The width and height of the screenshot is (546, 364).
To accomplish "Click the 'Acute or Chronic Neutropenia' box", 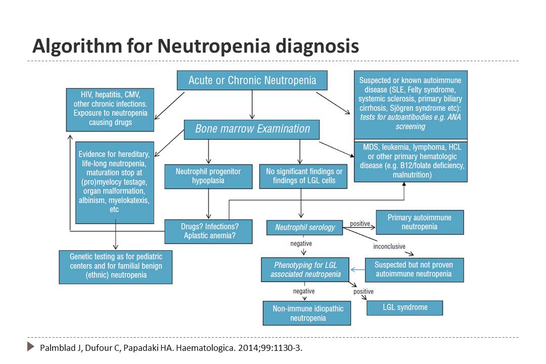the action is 252,80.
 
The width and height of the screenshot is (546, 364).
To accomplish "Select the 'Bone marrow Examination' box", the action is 252,129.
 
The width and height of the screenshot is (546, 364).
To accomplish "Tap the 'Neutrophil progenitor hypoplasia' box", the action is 208,176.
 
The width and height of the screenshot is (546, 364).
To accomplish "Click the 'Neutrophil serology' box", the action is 305,227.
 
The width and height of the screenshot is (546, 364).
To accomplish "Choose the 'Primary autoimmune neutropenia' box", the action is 420,222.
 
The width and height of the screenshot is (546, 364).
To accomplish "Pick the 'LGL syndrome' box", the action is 404,308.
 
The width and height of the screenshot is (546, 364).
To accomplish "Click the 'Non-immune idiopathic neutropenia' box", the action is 307,313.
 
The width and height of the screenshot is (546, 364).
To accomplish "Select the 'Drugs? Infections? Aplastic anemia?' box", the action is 208,231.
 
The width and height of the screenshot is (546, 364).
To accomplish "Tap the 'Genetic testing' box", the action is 116,267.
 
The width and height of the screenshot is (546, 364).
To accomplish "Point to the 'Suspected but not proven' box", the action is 415,270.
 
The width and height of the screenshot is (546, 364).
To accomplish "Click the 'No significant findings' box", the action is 303,176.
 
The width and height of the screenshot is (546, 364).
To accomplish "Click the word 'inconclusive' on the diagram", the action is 389,247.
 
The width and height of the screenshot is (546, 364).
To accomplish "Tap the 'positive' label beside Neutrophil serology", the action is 360,223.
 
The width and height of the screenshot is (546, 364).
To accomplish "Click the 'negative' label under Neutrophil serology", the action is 301,244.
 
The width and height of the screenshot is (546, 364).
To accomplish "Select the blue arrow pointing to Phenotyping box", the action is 357,269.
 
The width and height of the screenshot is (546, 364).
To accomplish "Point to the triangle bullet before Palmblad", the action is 31,347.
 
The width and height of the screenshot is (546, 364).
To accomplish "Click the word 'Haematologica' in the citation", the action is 205,348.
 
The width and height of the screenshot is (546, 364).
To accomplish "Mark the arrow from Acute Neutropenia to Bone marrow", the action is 252,105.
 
